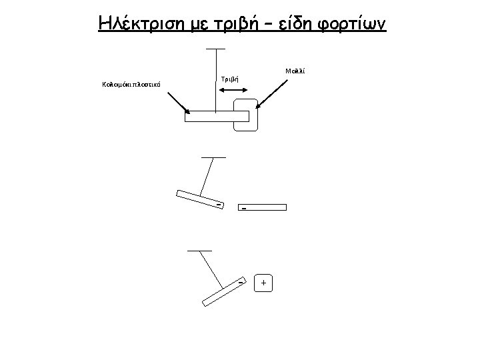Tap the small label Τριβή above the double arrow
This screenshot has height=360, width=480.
229,79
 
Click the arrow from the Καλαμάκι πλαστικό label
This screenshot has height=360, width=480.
174,101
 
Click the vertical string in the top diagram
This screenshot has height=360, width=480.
215,80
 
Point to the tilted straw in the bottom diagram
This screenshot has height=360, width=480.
224,291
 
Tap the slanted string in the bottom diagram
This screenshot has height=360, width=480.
213,266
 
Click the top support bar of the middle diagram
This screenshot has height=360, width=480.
213,157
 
